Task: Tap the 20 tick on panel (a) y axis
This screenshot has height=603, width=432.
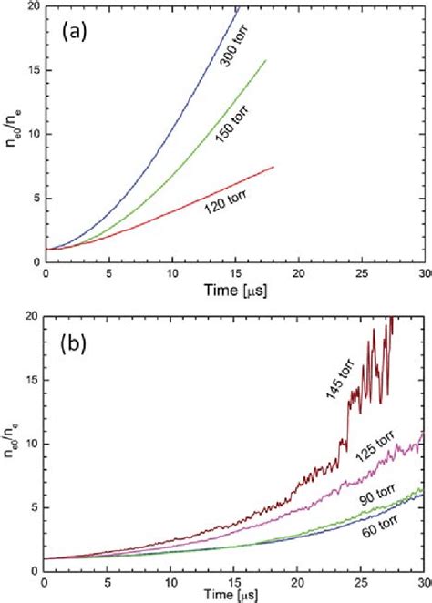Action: (x=33, y=7)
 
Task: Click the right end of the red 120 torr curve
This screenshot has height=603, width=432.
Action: (x=273, y=166)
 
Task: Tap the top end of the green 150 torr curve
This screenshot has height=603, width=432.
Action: (x=266, y=60)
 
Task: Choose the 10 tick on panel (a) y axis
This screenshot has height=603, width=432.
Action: (x=33, y=134)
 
